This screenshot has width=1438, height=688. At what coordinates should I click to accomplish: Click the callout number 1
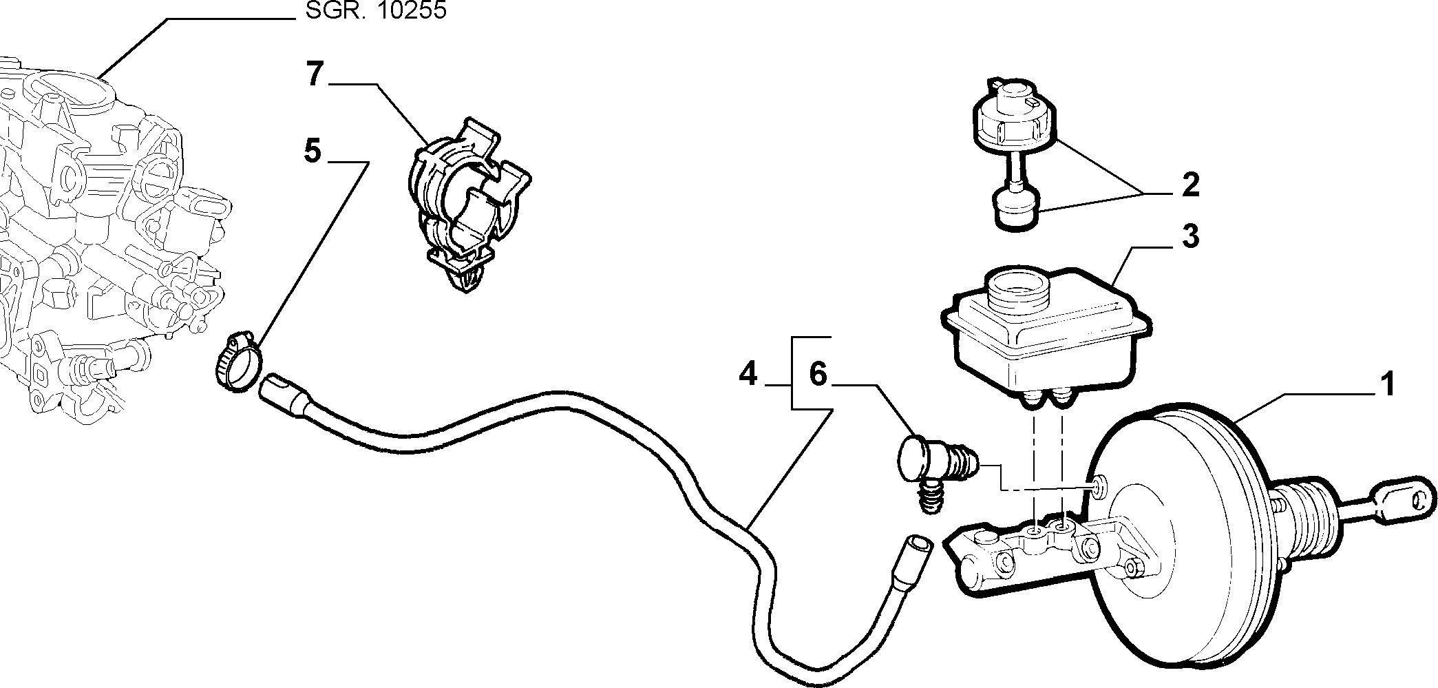[1387, 384]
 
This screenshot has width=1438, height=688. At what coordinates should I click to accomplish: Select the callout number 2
[1189, 185]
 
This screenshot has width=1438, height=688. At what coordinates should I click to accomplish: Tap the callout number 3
[1189, 236]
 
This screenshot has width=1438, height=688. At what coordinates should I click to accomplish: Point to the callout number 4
[748, 375]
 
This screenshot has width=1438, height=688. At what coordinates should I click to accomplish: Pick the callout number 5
[313, 151]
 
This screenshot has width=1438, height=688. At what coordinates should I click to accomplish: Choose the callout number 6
[817, 375]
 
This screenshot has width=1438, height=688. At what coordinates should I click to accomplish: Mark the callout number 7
[314, 74]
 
